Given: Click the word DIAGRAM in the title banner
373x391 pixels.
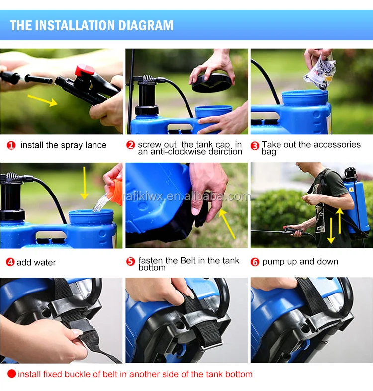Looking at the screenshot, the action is [146, 25].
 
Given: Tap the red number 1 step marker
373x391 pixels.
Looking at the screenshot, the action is [11, 145].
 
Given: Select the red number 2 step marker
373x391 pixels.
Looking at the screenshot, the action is [131, 145].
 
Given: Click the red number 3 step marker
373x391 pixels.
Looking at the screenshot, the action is [255, 146].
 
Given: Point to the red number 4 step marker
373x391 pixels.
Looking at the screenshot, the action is [10, 262].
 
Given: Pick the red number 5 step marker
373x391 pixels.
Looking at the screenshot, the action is [131, 261].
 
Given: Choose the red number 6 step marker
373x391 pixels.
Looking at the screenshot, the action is [255, 262].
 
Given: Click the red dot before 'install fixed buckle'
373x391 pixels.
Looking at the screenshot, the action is [12, 374].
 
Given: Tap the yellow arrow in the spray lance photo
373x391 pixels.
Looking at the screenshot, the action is [42, 100].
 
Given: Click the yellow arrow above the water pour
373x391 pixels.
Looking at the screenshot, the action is [84, 183].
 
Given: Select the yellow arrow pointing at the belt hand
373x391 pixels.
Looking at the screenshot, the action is [227, 224].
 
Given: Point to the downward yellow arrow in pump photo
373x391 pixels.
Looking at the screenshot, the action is [331, 231].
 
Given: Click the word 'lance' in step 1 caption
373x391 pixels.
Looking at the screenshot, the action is [96, 145].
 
